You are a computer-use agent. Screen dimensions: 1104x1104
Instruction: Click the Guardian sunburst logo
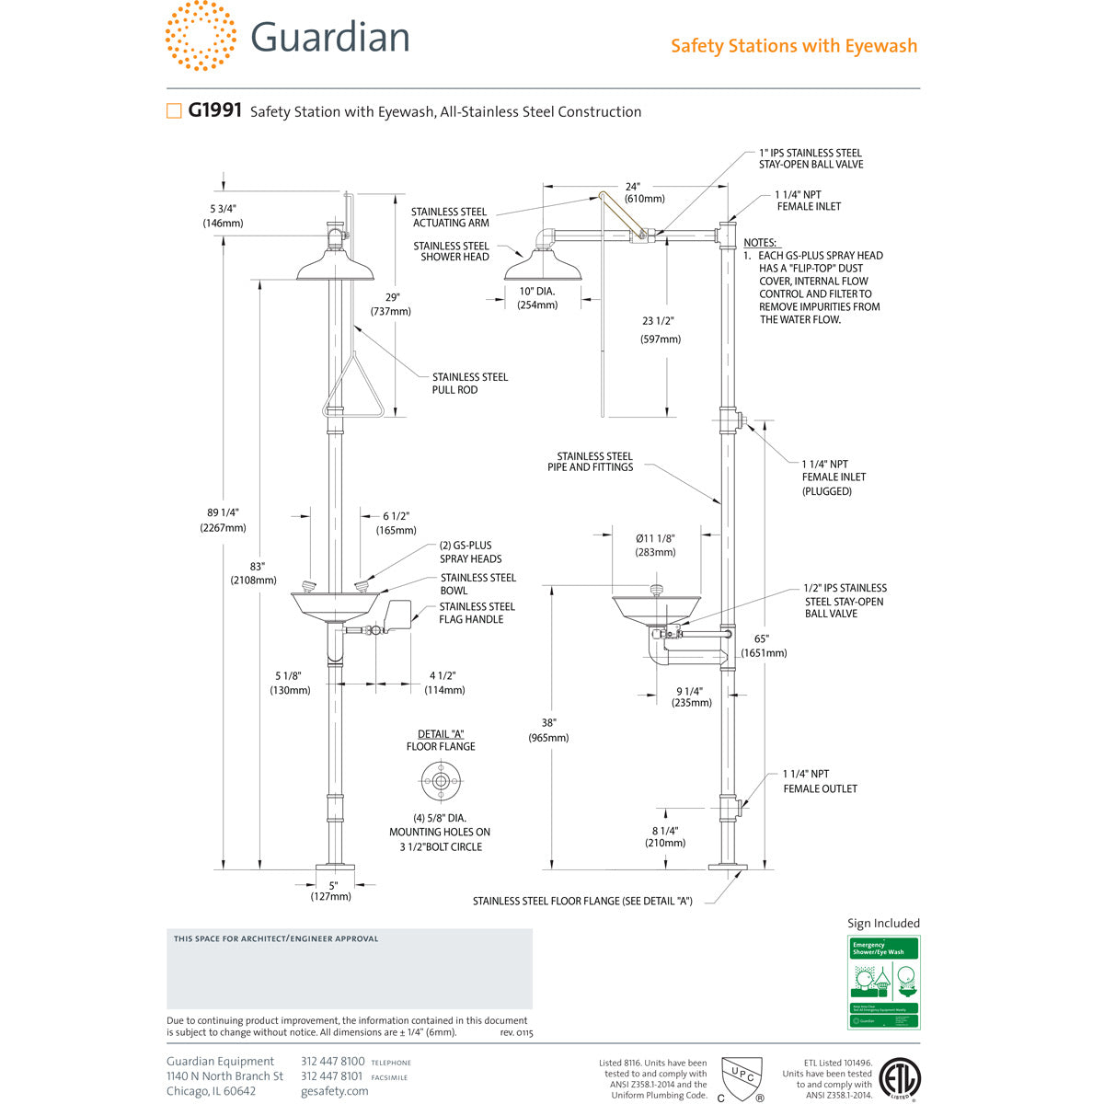[201, 36]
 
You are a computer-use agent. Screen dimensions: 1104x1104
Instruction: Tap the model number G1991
[214, 110]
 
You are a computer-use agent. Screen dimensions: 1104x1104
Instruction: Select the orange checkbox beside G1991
[174, 111]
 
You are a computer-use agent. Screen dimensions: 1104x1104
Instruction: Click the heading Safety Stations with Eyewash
[793, 46]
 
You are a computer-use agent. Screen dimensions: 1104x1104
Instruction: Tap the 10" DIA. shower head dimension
[537, 297]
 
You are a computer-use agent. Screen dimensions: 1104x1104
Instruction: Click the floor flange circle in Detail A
[441, 782]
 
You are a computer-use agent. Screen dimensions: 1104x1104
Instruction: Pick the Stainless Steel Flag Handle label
[477, 613]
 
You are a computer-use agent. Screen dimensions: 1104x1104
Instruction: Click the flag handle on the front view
[399, 615]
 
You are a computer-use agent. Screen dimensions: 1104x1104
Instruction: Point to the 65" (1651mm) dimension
[764, 645]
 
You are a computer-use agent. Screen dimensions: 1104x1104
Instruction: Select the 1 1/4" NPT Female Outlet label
[820, 781]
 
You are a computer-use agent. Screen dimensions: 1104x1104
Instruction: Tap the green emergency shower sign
[883, 983]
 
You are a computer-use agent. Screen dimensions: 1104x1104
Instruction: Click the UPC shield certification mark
[742, 1076]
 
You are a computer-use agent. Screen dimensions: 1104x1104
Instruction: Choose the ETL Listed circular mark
[899, 1078]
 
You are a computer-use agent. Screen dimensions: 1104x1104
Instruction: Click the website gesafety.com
[334, 1091]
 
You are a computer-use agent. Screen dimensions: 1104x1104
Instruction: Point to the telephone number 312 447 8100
[333, 1062]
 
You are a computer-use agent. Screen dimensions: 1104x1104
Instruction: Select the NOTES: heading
[760, 243]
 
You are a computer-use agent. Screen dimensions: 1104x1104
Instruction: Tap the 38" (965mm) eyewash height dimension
[548, 730]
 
